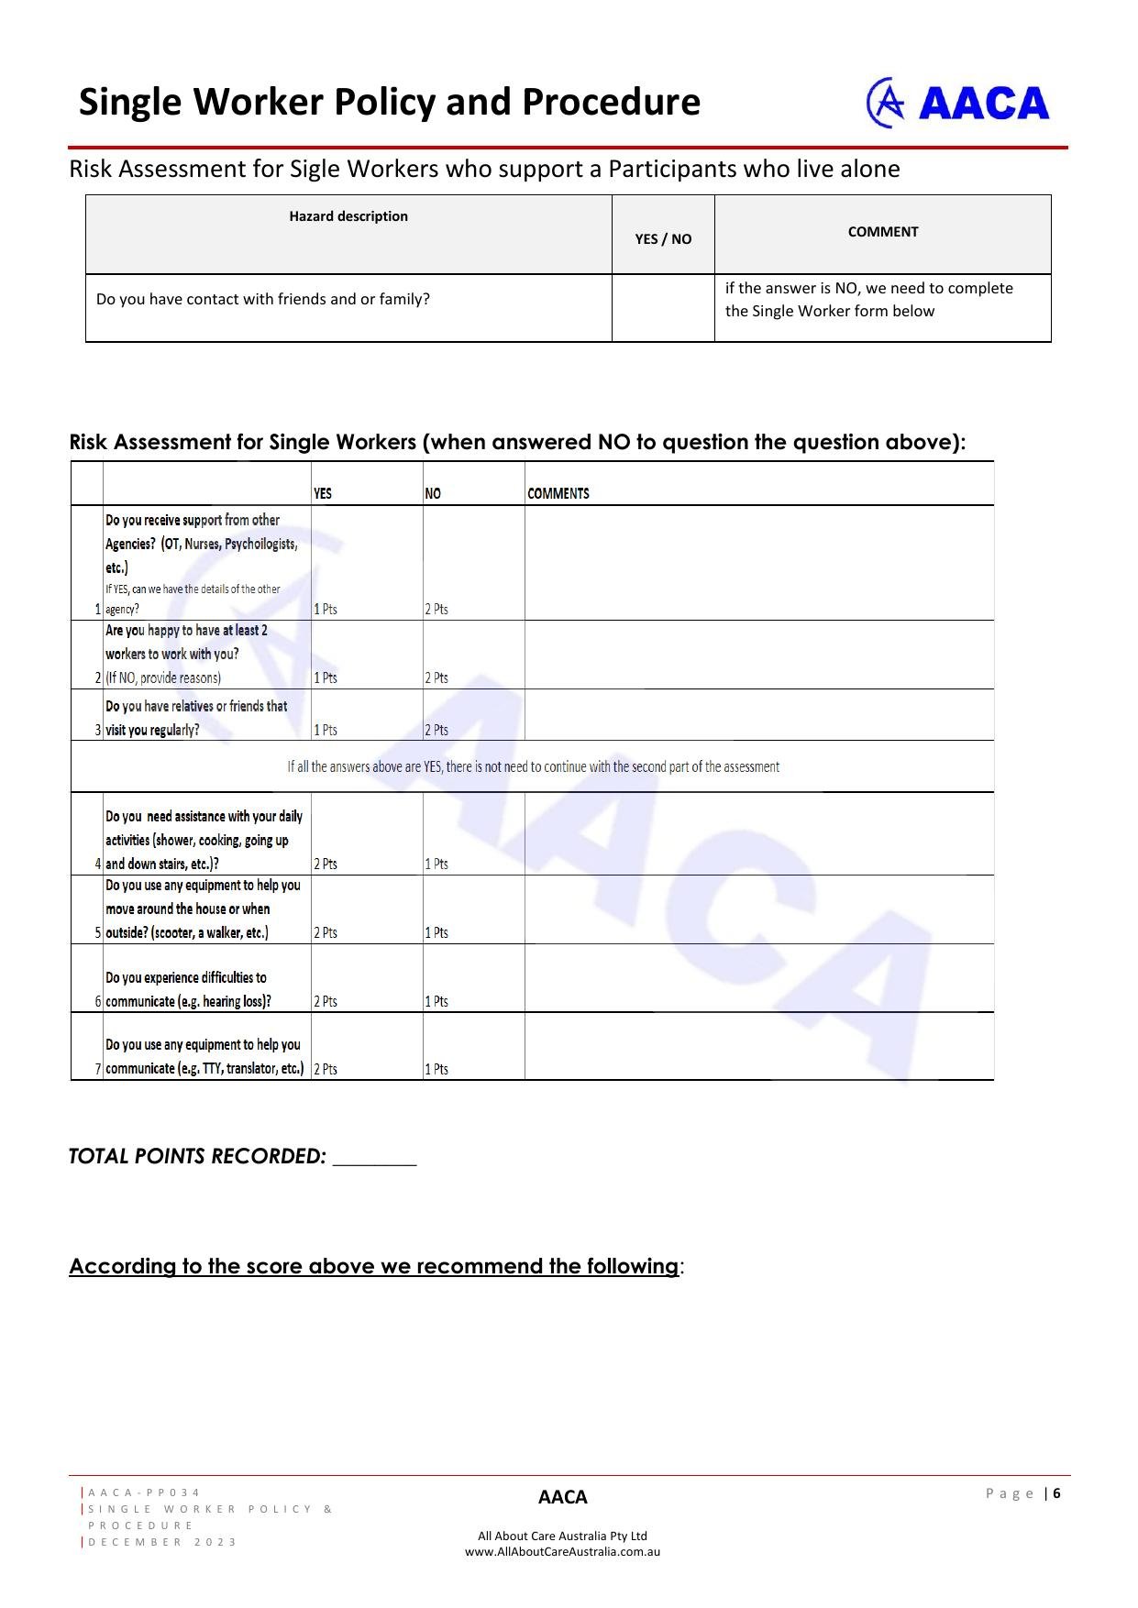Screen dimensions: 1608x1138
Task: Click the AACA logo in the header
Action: (957, 103)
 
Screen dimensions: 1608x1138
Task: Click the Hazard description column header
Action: (348, 216)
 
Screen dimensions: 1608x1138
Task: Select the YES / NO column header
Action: (663, 238)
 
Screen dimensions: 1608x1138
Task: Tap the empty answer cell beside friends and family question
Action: (663, 307)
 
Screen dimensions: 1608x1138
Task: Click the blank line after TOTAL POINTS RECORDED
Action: (374, 1157)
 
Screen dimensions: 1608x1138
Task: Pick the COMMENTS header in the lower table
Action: (558, 493)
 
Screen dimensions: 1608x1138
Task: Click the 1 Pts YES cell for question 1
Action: (326, 609)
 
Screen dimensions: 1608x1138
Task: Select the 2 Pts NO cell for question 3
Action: (436, 730)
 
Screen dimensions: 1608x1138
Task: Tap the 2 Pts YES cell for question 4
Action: (326, 864)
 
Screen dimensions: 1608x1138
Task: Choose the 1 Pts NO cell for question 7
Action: (436, 1069)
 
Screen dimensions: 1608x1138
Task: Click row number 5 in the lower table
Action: (97, 932)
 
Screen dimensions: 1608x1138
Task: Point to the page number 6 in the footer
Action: (1057, 1493)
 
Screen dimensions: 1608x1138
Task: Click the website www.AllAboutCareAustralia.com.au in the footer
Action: (562, 1552)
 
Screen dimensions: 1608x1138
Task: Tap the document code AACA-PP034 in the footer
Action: (145, 1492)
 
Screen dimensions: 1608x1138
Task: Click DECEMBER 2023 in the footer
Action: (163, 1542)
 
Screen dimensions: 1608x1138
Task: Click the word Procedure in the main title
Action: (611, 102)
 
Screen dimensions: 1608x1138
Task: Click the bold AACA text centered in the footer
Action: (562, 1497)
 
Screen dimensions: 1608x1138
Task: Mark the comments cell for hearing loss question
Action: (758, 978)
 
